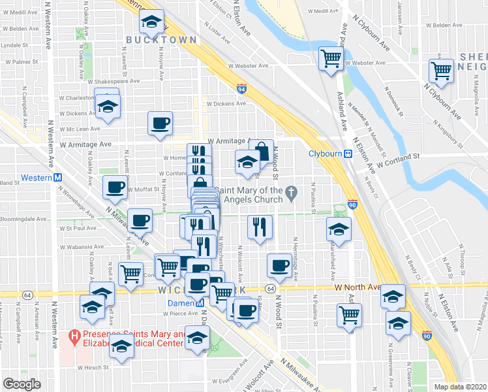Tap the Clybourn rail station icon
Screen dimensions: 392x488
coord(348,154)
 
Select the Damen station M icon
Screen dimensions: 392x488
coord(200,303)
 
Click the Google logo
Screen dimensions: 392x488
coord(22,384)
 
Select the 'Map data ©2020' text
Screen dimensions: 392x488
coord(459,386)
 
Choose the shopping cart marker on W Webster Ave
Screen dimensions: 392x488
coord(331,58)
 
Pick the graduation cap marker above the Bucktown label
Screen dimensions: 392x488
coord(151,24)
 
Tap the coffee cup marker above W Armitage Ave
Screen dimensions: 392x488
coord(160,123)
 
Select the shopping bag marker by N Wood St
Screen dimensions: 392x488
coord(262,152)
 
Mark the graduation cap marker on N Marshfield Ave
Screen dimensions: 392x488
coord(339,228)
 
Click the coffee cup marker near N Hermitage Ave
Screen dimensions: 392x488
coord(279,265)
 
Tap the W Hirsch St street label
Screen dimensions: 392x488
coord(93,368)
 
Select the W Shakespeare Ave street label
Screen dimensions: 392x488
coord(116,82)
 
